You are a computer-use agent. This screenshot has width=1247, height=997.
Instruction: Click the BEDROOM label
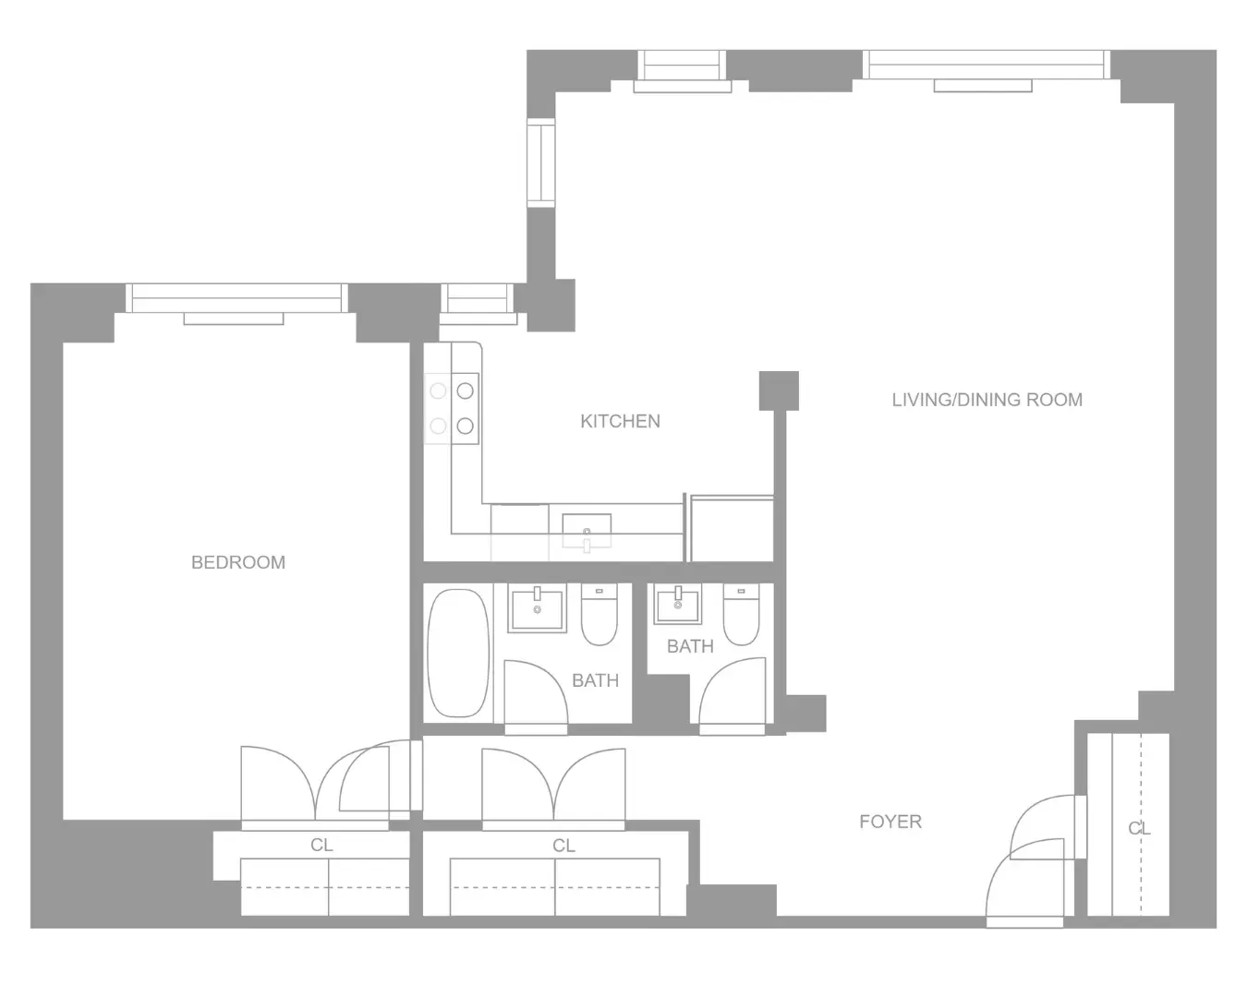coord(237,562)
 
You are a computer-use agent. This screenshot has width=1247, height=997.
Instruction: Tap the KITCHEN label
coord(620,421)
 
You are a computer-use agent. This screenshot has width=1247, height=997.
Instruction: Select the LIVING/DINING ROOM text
coord(987,400)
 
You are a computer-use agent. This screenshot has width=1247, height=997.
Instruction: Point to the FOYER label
coord(890,822)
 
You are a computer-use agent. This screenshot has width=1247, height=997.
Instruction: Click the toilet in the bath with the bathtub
coord(599,616)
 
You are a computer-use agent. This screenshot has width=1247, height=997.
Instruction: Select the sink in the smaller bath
coord(678,606)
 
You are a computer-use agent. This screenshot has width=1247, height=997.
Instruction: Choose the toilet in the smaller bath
coord(741,616)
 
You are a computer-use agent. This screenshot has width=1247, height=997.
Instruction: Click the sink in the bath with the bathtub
coord(537,608)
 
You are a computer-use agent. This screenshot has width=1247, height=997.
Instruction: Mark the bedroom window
coord(236,297)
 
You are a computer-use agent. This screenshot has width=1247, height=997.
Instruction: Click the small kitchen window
coord(477,299)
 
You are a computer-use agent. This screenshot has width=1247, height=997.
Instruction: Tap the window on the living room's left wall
coord(540,163)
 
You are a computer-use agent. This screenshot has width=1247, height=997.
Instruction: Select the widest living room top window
coord(986,65)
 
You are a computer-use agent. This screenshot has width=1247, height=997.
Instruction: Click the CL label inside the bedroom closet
coord(321,846)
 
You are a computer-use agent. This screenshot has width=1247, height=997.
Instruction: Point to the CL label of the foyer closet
coord(1140,829)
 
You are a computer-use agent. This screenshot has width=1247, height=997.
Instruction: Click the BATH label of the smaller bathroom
coord(690,646)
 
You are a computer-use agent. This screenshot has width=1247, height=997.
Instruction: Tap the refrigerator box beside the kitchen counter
coord(732,528)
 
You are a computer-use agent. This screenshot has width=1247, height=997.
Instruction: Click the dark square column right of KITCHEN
coord(779,390)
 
